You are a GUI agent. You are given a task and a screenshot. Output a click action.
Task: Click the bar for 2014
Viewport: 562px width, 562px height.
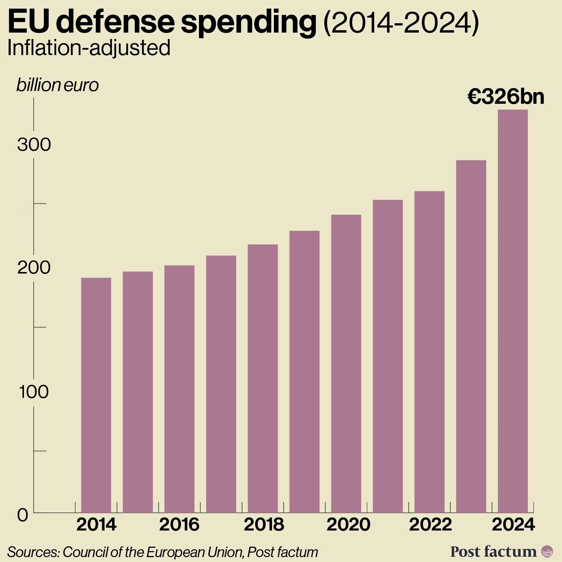click(x=96, y=395)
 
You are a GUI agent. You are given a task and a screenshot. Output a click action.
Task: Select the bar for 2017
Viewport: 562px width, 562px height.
click(x=221, y=384)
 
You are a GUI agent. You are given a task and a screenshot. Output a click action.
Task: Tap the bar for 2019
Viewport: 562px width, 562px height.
click(x=304, y=371)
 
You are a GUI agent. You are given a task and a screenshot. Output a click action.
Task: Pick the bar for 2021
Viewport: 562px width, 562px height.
click(x=388, y=356)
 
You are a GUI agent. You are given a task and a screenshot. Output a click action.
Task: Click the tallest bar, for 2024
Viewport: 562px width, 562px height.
click(x=513, y=311)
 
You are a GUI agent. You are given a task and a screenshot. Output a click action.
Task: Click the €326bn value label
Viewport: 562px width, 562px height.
click(x=506, y=97)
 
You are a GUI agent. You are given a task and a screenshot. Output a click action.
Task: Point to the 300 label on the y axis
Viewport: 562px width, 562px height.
click(x=34, y=145)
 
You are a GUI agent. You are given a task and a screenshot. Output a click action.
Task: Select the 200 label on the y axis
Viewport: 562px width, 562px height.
click(x=34, y=268)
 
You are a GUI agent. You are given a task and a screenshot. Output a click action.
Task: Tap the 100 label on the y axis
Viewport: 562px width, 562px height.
click(x=34, y=392)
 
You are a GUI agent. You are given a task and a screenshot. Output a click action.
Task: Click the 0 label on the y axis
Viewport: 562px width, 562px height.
click(x=22, y=516)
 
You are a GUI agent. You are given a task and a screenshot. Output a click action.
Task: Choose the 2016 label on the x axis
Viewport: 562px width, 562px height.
click(x=179, y=525)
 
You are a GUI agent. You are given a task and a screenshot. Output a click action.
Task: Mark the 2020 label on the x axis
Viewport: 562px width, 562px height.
click(x=348, y=525)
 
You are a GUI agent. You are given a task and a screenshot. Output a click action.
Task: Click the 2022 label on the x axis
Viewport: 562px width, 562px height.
click(x=430, y=525)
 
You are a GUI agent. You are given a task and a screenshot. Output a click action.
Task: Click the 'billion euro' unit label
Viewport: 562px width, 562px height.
click(x=57, y=85)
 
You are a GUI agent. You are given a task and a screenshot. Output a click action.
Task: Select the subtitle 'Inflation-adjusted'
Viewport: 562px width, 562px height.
click(x=89, y=48)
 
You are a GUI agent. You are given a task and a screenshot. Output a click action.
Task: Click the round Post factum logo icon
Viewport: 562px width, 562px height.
click(x=547, y=552)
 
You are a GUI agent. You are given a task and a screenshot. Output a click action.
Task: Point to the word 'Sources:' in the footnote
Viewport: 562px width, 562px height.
click(x=33, y=552)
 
